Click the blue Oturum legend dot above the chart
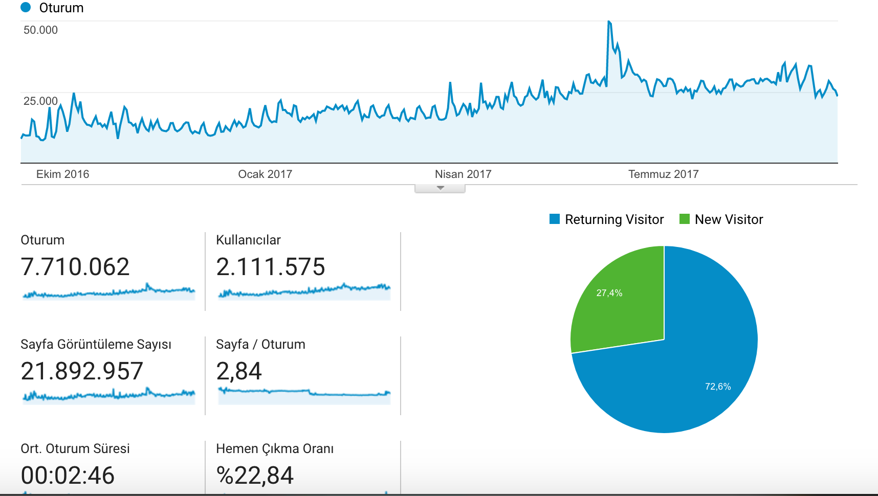(x=26, y=8)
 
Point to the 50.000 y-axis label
(x=40, y=30)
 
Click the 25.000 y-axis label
(x=40, y=101)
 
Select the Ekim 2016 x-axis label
(x=62, y=174)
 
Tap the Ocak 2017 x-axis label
(x=265, y=174)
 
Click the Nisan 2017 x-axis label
(x=463, y=174)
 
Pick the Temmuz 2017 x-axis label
(x=663, y=174)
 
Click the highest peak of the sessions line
(x=609, y=21)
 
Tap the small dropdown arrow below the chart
(x=440, y=188)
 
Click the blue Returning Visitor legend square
(x=555, y=219)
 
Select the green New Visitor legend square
(x=685, y=219)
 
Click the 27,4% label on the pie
(x=609, y=293)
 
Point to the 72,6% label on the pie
(x=718, y=387)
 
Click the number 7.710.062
(x=75, y=267)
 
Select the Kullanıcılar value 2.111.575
(x=271, y=267)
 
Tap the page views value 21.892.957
(x=82, y=371)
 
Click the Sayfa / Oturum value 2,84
(x=239, y=372)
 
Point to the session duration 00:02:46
(x=68, y=476)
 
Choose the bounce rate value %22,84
(x=255, y=476)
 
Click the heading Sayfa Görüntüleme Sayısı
(x=96, y=344)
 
